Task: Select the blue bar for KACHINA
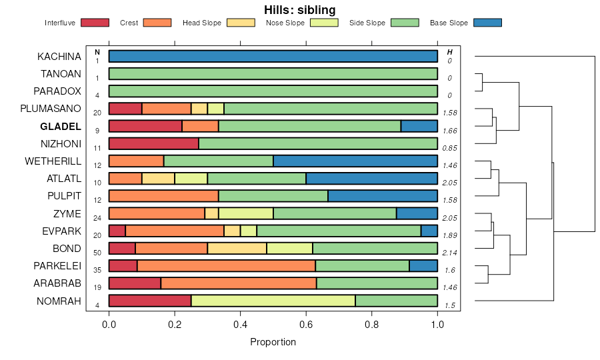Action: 273,56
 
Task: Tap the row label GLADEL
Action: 60,126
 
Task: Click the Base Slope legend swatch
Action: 487,23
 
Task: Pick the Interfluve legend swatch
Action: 94,23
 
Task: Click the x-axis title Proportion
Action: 273,342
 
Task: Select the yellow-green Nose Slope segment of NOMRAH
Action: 273,300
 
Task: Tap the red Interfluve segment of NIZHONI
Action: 153,143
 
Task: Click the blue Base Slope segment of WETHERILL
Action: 355,161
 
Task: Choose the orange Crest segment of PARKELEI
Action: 226,265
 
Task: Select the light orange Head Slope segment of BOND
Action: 237,248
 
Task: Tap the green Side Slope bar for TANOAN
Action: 273,73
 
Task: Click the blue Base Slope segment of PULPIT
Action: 383,195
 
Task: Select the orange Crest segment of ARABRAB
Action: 239,283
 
